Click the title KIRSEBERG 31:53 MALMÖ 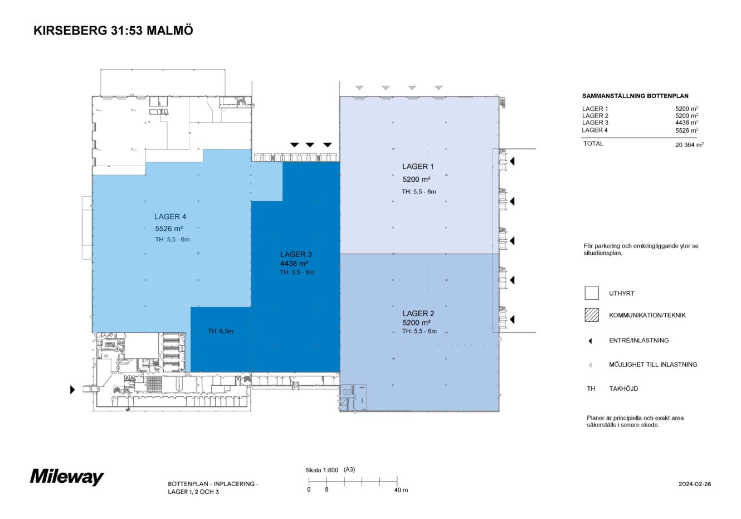[x=113, y=31]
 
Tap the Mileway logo [x=67, y=477]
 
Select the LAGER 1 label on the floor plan [x=418, y=166]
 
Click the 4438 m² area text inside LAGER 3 [x=294, y=263]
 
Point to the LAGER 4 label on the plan [x=170, y=216]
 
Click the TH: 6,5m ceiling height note [x=221, y=331]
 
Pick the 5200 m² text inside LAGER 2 [x=416, y=322]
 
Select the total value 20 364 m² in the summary [x=689, y=144]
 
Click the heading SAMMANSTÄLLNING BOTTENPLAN [x=635, y=96]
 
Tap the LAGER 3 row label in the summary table [x=595, y=123]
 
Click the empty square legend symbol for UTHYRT [x=591, y=293]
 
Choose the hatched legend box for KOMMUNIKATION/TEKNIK [x=591, y=315]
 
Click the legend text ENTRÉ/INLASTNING [x=638, y=340]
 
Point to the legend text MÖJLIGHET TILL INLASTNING [x=653, y=365]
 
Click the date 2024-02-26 [x=695, y=484]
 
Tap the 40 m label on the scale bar [x=401, y=490]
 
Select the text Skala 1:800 [x=322, y=470]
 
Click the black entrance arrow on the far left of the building [x=72, y=390]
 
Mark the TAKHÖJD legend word [x=623, y=389]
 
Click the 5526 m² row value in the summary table [x=686, y=130]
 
